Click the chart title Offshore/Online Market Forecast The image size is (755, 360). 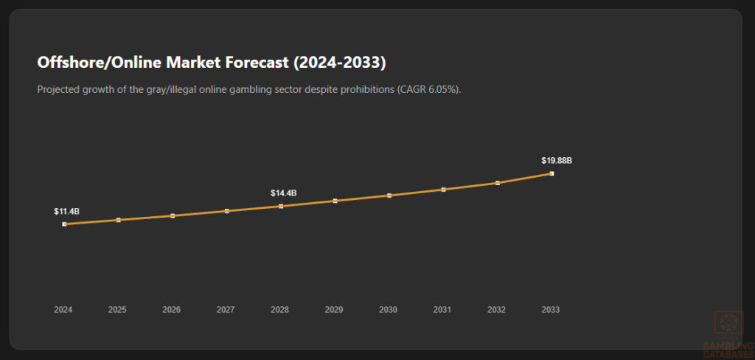pyautogui.click(x=211, y=63)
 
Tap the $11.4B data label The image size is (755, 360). pyautogui.click(x=66, y=212)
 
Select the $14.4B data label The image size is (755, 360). pyautogui.click(x=283, y=193)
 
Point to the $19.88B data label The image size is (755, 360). pyautogui.click(x=557, y=161)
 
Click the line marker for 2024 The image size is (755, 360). pyautogui.click(x=64, y=224)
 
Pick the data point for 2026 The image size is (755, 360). pyautogui.click(x=173, y=215)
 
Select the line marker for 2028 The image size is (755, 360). pyautogui.click(x=281, y=206)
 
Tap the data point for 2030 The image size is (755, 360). pyautogui.click(x=389, y=195)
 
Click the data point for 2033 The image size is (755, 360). pyautogui.click(x=552, y=173)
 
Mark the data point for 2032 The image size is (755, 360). pyautogui.click(x=498, y=183)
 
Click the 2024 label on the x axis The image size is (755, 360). pyautogui.click(x=63, y=310)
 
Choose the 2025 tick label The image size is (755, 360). pyautogui.click(x=117, y=310)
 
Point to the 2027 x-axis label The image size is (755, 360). pyautogui.click(x=226, y=310)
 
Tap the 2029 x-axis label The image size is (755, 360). pyautogui.click(x=334, y=310)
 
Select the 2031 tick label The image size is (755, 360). pyautogui.click(x=442, y=310)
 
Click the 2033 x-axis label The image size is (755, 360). pyautogui.click(x=550, y=310)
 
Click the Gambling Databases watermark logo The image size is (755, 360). pyautogui.click(x=728, y=333)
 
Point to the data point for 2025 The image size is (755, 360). pyautogui.click(x=118, y=220)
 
